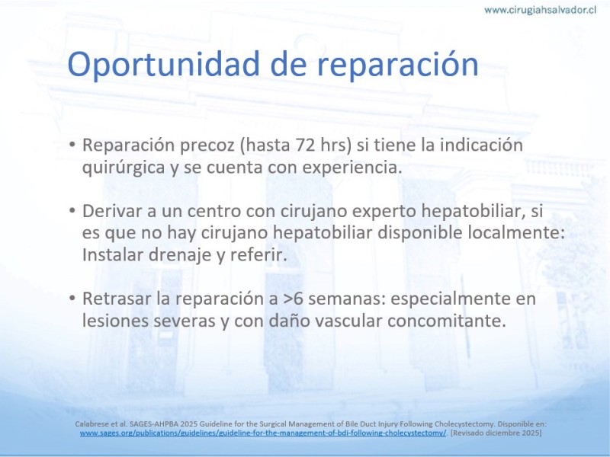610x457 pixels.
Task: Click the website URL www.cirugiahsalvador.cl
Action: click(x=540, y=10)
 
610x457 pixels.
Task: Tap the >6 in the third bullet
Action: click(x=294, y=299)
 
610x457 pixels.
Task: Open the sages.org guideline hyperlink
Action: click(x=263, y=433)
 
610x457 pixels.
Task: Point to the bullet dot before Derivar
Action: click(x=72, y=211)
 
